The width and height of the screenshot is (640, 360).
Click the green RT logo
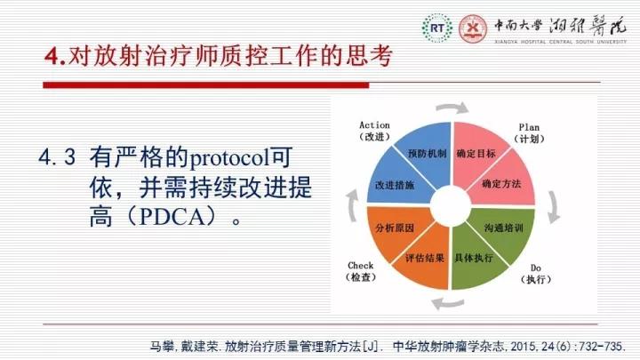437,28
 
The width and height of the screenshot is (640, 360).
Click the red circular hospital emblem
473,28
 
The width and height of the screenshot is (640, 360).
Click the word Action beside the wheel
374,125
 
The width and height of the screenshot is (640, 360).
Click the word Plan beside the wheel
529,127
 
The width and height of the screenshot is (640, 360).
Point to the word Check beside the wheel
360,265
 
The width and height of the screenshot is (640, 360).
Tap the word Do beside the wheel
536,268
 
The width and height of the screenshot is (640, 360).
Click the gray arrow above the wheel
452,107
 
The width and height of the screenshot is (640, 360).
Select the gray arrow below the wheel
448,303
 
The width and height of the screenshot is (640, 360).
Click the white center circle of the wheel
451,205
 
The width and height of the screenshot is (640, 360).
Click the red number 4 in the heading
52,56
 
